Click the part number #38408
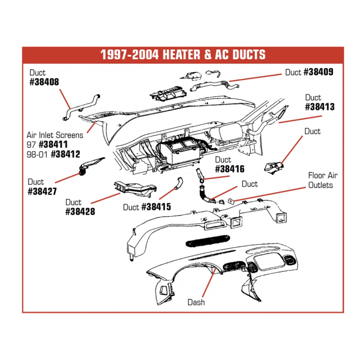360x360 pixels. point(44,82)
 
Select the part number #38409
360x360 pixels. point(318,73)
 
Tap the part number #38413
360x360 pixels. point(320,107)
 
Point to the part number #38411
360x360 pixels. point(59,145)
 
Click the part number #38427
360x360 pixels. point(43,192)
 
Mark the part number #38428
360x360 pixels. point(81,211)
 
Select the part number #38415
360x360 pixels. point(156,207)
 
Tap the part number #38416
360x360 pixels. point(229,169)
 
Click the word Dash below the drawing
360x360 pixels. point(196,302)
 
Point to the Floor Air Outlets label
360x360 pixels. point(323,181)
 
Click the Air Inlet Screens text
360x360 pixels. point(55,135)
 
